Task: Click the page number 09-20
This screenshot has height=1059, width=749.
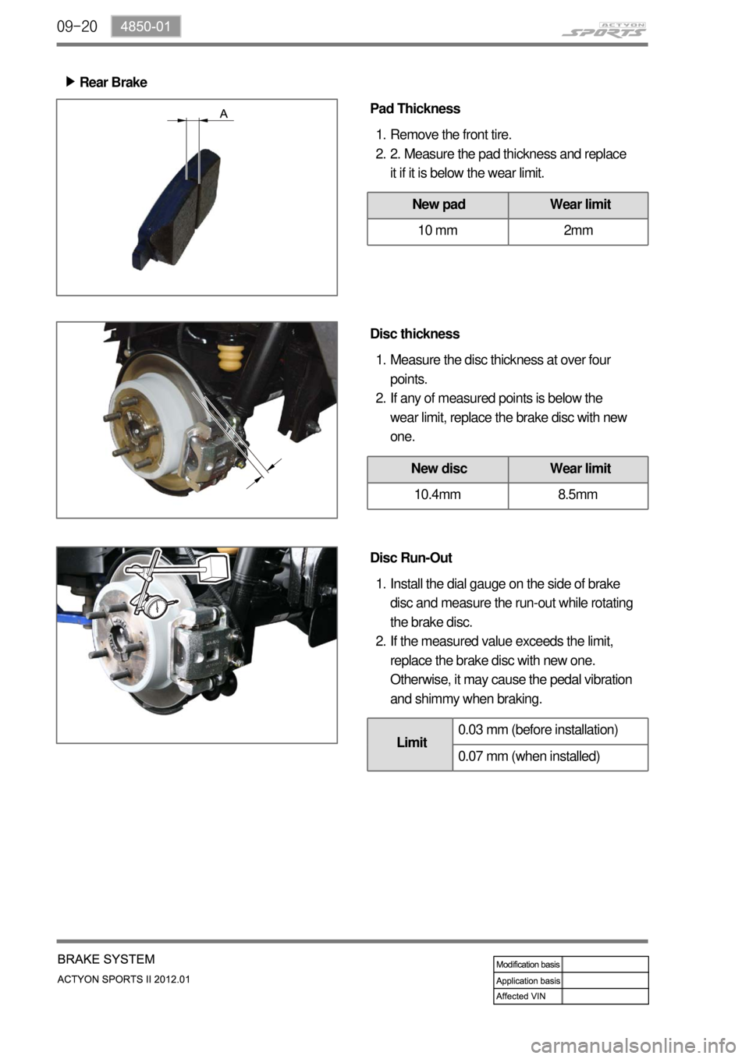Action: click(x=76, y=27)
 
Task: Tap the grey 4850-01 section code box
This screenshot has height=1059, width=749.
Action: click(x=146, y=27)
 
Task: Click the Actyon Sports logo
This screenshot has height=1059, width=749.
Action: click(x=604, y=30)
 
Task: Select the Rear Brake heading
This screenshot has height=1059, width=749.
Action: click(x=113, y=82)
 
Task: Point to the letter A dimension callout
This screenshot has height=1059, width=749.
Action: click(x=224, y=114)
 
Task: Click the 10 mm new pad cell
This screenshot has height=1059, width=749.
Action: click(x=438, y=231)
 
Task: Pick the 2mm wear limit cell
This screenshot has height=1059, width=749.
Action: click(x=578, y=231)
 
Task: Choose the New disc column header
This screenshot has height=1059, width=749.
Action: click(x=438, y=469)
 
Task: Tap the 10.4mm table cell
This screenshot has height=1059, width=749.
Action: click(x=438, y=495)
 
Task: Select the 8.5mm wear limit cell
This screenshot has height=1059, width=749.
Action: click(x=578, y=495)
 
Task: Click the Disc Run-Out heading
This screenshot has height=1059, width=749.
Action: click(x=411, y=558)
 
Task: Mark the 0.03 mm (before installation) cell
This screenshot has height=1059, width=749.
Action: click(x=550, y=731)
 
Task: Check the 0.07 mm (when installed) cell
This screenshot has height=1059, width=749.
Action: click(x=550, y=757)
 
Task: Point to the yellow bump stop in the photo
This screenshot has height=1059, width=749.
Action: click(x=231, y=359)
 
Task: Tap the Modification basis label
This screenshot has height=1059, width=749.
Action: click(x=527, y=965)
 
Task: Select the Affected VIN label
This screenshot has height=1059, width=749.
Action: click(x=520, y=996)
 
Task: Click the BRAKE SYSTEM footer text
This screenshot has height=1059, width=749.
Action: click(x=106, y=958)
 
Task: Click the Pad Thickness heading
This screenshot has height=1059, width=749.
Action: click(x=415, y=108)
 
